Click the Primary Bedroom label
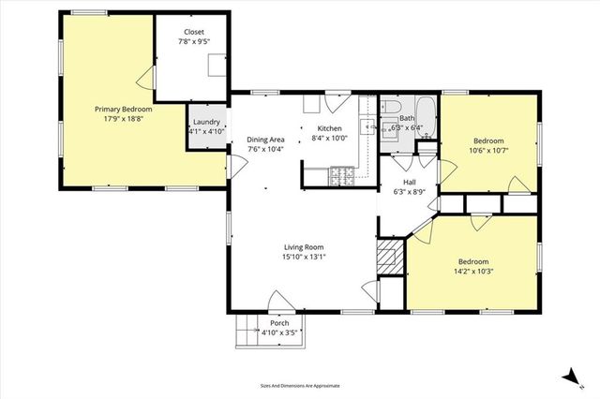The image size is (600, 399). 129,109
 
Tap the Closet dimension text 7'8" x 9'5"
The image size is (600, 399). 193,42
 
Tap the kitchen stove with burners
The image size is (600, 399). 341,173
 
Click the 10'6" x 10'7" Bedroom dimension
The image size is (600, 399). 493,149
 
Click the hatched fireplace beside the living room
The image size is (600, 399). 387,255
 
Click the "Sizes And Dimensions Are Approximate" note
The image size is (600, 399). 300,385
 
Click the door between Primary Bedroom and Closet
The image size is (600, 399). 146,78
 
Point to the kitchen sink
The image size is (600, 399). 372,129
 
